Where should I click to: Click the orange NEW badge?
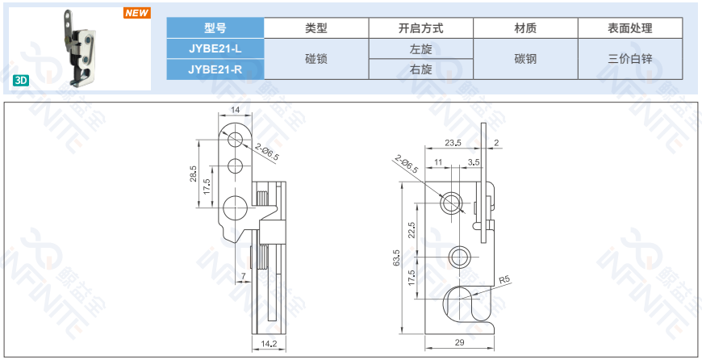click(136, 13)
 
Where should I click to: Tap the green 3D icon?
click(22, 80)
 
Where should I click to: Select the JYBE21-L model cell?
click(215, 48)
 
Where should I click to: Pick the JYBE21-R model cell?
click(215, 69)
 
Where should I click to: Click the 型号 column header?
click(215, 27)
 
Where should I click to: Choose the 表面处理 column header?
click(630, 27)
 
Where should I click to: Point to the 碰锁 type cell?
click(315, 59)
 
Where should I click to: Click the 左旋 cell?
click(420, 48)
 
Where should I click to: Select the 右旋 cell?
click(420, 69)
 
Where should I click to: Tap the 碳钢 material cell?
click(525, 59)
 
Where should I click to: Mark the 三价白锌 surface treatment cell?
click(630, 59)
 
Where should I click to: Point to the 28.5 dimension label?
click(193, 174)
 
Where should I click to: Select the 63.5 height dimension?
click(396, 257)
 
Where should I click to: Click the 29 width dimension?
click(459, 343)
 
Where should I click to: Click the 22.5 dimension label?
click(412, 230)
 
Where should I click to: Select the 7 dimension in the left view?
click(243, 277)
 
